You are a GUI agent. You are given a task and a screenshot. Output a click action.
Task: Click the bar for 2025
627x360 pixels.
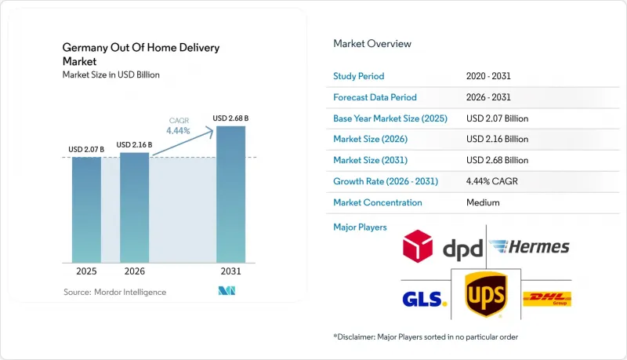coord(86,210)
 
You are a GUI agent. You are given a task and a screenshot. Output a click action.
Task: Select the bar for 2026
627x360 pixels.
coord(134,208)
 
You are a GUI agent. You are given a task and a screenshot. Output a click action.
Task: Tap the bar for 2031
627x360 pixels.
coord(230,195)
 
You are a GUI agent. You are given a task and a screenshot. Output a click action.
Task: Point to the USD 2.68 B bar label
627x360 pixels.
coord(230,118)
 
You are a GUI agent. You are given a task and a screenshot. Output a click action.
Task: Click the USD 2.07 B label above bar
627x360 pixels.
coord(86,150)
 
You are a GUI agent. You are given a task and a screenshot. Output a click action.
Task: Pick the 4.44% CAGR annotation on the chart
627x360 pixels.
coord(179,126)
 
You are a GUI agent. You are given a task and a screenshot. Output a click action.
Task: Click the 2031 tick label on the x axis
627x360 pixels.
coord(230,271)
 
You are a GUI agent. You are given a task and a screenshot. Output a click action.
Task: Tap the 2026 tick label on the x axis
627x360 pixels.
coord(134,271)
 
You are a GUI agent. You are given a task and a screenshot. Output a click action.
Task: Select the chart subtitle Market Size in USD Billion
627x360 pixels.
coord(111,75)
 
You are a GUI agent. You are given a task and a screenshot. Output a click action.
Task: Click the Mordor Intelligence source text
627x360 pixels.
coord(114,293)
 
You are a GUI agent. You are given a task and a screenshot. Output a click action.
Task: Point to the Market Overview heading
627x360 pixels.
coord(372,44)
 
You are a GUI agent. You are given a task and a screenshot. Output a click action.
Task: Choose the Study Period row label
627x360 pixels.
coord(359,76)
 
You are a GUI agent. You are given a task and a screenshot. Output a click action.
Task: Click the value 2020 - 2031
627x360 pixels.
coord(488,76)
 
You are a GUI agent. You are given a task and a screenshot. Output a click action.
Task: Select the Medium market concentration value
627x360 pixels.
coord(483,202)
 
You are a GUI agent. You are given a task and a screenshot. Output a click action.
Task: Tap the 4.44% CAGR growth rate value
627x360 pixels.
coord(492,181)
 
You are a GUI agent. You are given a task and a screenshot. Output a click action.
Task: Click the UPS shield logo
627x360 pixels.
coord(486,294)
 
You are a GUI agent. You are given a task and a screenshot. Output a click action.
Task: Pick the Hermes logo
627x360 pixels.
coord(530,247)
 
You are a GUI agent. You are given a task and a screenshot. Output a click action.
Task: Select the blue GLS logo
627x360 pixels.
coord(424,299)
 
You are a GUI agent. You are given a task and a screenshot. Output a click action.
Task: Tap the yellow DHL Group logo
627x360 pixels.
coord(547,299)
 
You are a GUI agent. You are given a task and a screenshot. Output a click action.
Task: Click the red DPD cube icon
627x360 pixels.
coord(418,246)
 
